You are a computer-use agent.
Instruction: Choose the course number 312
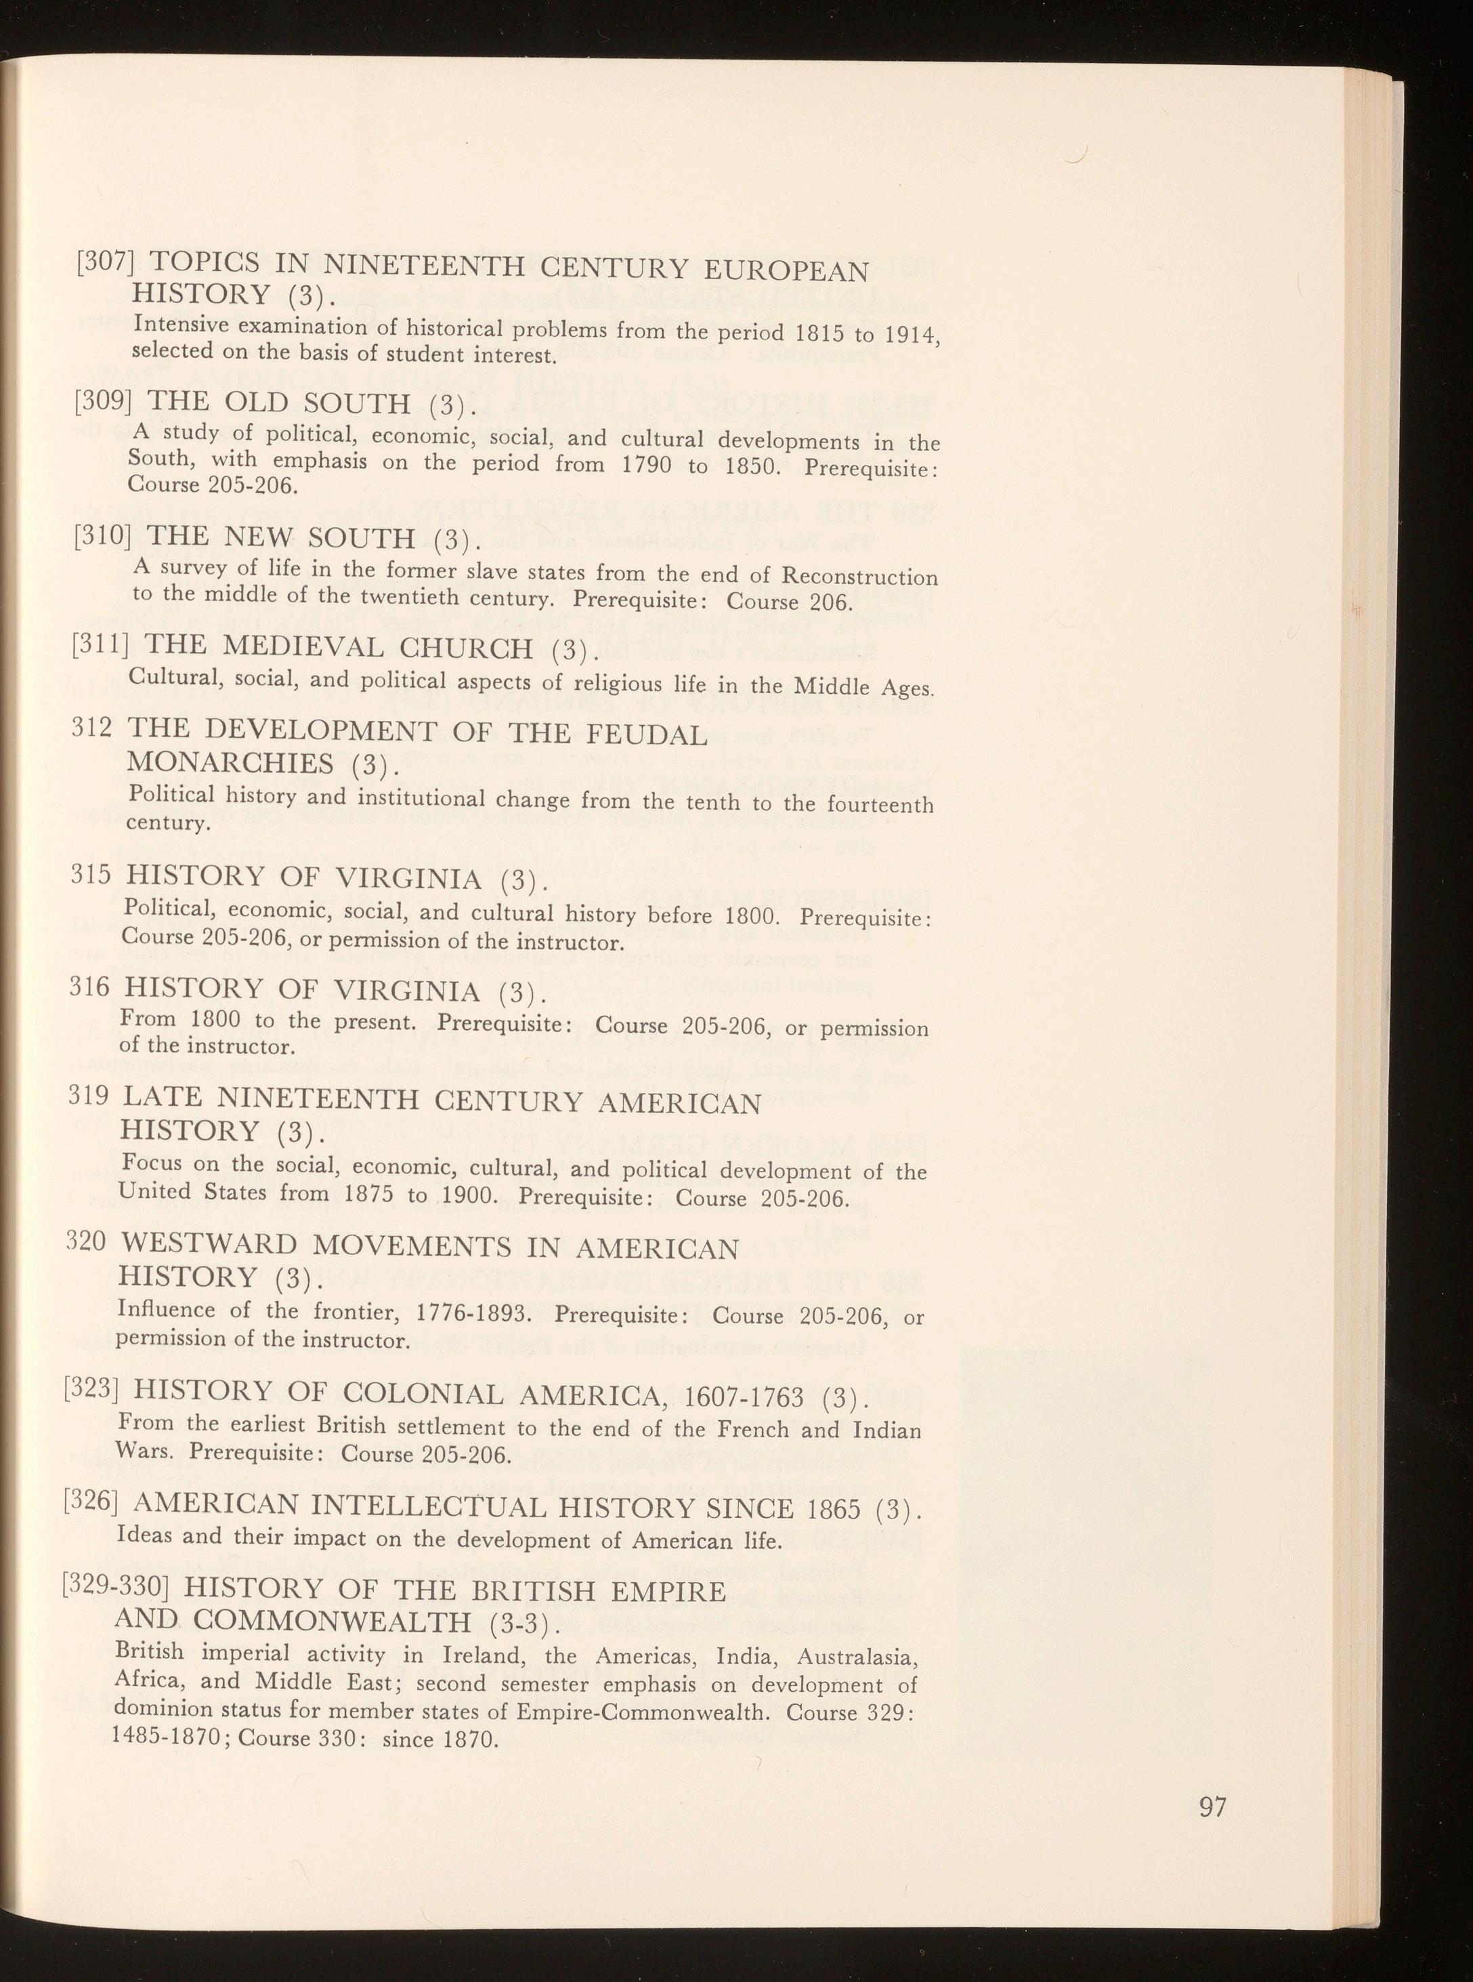[92, 730]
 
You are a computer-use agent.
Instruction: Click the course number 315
[90, 875]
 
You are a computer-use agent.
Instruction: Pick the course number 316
[89, 987]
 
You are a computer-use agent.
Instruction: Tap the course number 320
[85, 1243]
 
